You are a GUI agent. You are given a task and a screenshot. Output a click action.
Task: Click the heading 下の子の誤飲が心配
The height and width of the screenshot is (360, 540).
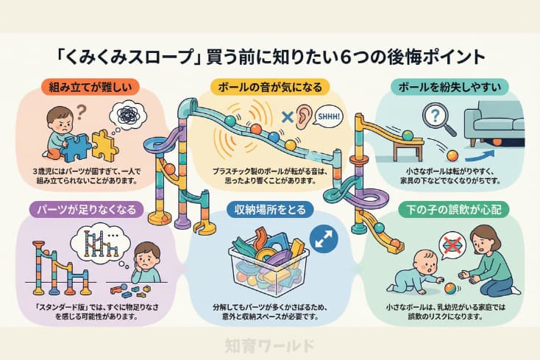pyautogui.click(x=450, y=209)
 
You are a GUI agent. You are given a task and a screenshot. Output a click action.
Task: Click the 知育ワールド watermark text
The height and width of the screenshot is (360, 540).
pyautogui.click(x=269, y=344)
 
